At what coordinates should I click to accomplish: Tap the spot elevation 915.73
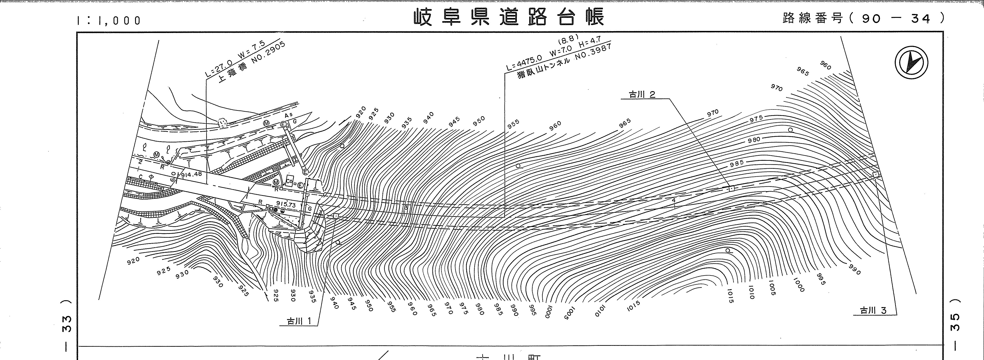point(285,205)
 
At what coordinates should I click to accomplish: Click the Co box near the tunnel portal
point(289,183)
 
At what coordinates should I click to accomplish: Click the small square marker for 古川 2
point(731,188)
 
